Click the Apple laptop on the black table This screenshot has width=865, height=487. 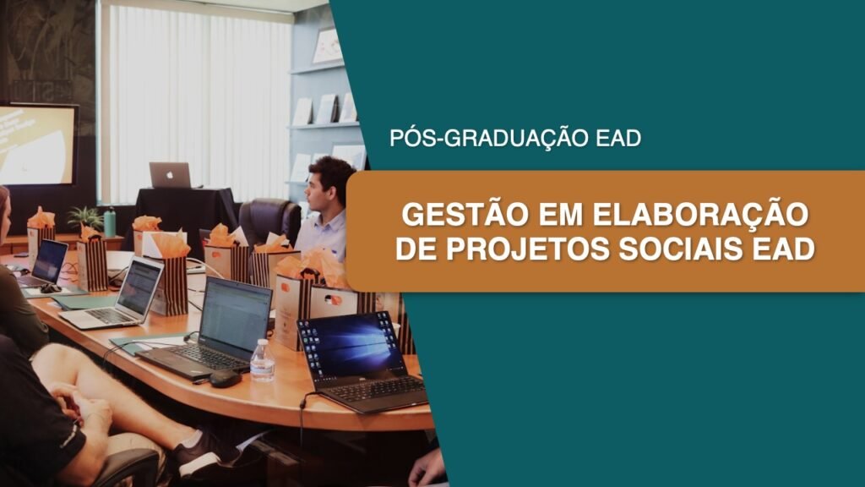pyautogui.click(x=170, y=175)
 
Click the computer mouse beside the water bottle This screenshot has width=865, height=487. pyautogui.click(x=225, y=378)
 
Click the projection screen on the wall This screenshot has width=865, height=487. pyautogui.click(x=37, y=144)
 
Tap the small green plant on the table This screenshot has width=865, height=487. pyautogui.click(x=85, y=217)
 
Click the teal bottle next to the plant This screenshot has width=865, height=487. pyautogui.click(x=110, y=222)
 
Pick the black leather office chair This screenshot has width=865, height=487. pyautogui.click(x=270, y=221)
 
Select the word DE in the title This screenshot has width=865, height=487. pyautogui.click(x=416, y=249)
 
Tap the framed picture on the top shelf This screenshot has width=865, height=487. pyautogui.click(x=328, y=47)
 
